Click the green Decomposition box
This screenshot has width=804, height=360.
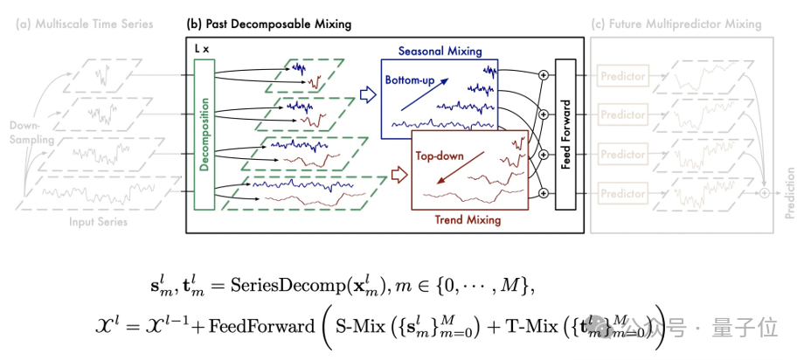(x=203, y=135)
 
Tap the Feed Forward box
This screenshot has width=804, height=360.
(x=565, y=135)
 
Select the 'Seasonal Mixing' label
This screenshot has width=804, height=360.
(x=440, y=52)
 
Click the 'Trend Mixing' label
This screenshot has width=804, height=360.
(x=468, y=220)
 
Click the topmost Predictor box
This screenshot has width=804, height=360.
(x=622, y=77)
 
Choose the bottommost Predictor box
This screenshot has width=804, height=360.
(x=622, y=193)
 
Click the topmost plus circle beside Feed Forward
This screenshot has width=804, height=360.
(x=544, y=76)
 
